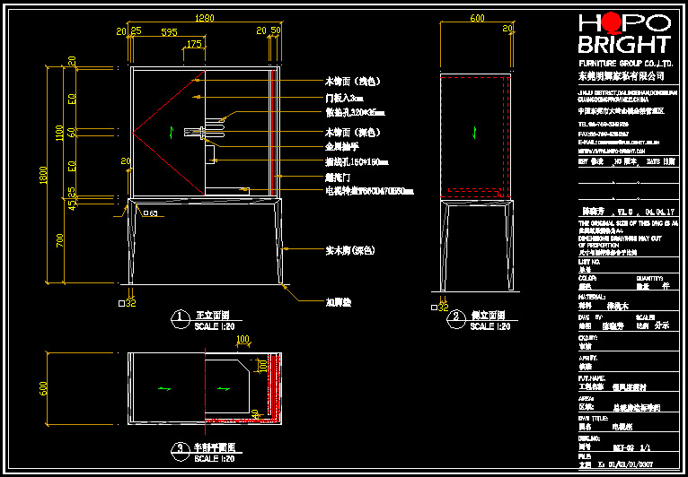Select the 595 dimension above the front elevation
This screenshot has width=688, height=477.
168,31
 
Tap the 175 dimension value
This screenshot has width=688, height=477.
194,44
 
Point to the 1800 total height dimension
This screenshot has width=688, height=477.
34,177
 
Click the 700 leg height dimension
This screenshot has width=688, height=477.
58,240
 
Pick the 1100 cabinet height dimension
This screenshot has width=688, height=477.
58,132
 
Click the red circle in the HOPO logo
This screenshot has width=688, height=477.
613,22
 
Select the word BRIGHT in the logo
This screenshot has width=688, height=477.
624,45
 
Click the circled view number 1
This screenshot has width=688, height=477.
181,317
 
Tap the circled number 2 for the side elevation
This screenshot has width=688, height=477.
457,317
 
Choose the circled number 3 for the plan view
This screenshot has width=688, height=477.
181,447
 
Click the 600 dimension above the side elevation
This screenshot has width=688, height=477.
477,18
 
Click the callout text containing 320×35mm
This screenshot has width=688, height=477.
355,113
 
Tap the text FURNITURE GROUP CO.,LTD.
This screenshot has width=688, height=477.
626,65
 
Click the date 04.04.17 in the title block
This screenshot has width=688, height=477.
659,212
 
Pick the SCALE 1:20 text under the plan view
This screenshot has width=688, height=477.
215,458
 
